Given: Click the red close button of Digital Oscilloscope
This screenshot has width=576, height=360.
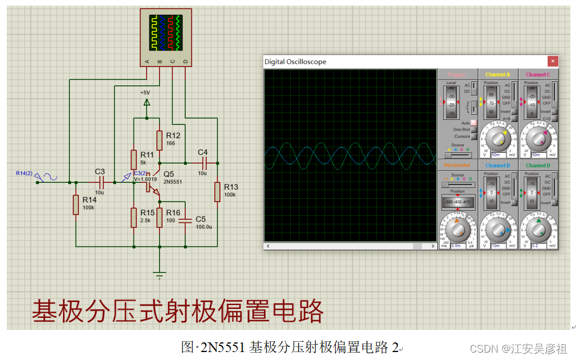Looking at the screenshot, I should pyautogui.click(x=552, y=61).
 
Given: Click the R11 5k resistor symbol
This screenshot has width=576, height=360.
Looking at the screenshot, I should pyautogui.click(x=134, y=160).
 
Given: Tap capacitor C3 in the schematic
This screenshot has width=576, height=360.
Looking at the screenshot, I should pyautogui.click(x=101, y=182).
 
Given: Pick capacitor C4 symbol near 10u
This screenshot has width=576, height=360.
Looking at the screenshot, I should pyautogui.click(x=203, y=162).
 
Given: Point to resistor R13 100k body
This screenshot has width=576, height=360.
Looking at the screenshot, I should pyautogui.click(x=217, y=192).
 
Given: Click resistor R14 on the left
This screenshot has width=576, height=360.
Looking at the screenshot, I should pyautogui.click(x=76, y=204).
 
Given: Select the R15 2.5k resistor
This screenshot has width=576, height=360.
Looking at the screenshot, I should pyautogui.click(x=134, y=217).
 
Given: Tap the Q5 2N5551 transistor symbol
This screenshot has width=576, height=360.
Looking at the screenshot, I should pyautogui.click(x=153, y=186).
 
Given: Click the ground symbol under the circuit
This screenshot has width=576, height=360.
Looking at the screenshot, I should pyautogui.click(x=160, y=276).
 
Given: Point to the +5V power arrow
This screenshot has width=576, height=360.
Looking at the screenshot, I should pyautogui.click(x=147, y=102).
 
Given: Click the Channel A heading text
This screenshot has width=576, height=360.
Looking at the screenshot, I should pyautogui.click(x=498, y=75).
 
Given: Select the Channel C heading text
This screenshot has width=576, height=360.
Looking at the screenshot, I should pyautogui.click(x=537, y=75).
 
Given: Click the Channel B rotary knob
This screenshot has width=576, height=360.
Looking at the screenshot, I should pyautogui.click(x=498, y=229).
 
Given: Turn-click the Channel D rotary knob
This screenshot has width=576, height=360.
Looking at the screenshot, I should pyautogui.click(x=537, y=229).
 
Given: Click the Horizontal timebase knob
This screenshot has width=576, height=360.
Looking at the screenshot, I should pyautogui.click(x=457, y=229).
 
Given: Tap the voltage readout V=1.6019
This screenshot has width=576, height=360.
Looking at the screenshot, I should pyautogui.click(x=146, y=179).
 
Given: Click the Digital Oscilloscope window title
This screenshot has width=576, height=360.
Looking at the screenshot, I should pyautogui.click(x=295, y=62).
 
